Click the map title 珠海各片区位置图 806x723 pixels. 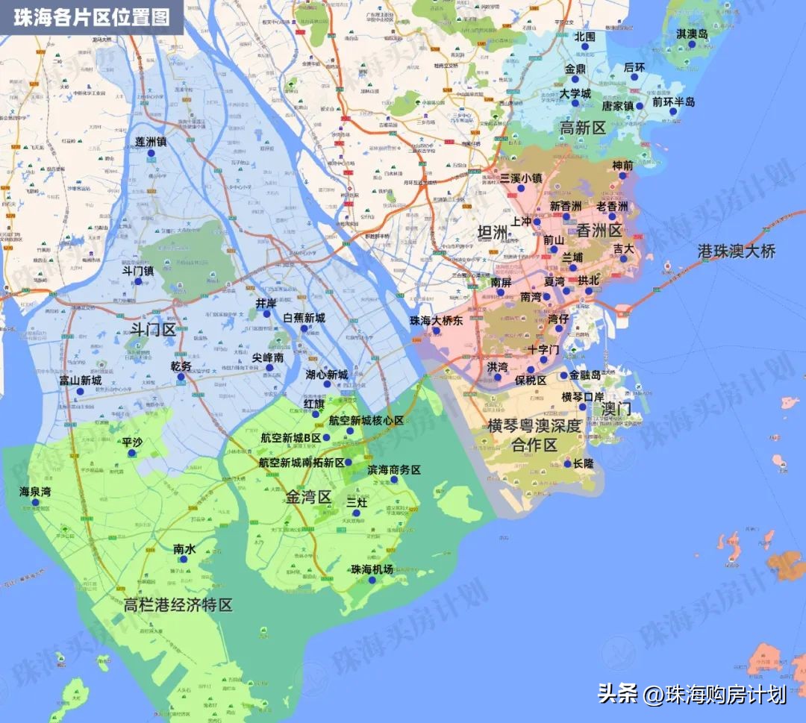point(92,16)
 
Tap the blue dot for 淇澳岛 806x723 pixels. point(692,45)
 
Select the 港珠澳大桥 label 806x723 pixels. point(737,251)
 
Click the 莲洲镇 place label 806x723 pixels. point(151,141)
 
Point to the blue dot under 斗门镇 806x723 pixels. point(138,281)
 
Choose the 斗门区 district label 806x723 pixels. point(153,329)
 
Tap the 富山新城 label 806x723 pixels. point(81,381)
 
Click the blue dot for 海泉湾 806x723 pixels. point(35,502)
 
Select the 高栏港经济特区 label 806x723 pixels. point(179,604)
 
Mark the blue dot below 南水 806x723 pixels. point(184,559)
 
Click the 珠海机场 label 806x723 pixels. point(372,569)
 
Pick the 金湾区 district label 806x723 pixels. point(307,497)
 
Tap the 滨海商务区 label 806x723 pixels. point(394,470)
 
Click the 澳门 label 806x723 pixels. point(616,409)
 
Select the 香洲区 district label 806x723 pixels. point(599,231)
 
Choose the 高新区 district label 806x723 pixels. point(583,128)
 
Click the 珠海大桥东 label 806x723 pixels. point(437,320)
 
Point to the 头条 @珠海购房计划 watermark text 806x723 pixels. point(692,694)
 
